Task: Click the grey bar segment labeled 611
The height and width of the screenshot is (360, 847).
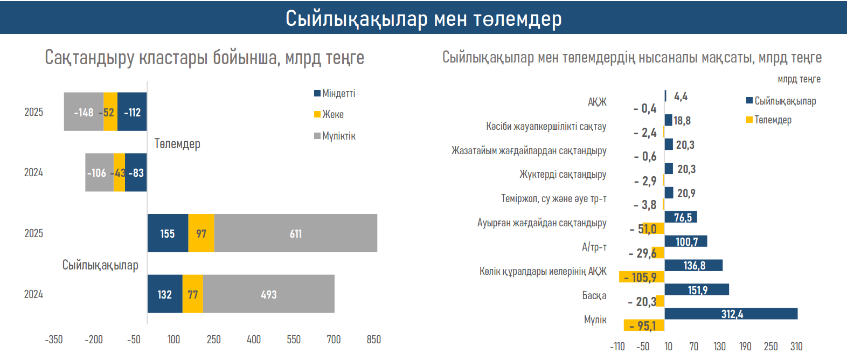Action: pos(296,233)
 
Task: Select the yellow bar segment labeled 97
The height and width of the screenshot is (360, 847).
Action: pos(201,233)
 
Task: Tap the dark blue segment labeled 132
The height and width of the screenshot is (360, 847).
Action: pos(165,294)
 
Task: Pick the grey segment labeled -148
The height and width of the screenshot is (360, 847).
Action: pos(84,112)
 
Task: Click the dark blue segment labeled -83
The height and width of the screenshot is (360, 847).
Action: pos(136,172)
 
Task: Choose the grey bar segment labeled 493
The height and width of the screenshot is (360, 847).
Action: pos(268,294)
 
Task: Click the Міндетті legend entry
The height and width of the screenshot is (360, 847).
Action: pos(335,93)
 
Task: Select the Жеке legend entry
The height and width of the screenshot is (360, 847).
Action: pos(329,114)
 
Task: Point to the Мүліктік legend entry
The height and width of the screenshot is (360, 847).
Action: pos(335,136)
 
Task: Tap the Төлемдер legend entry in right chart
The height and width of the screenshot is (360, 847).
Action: pos(769,120)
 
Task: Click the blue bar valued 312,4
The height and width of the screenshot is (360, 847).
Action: pos(731,314)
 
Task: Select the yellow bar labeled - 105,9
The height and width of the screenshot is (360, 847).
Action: pos(641,277)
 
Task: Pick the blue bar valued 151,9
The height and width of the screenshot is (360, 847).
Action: pos(697,290)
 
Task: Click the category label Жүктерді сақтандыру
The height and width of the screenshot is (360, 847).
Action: pos(563,174)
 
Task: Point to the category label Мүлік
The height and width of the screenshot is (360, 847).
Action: pos(595,320)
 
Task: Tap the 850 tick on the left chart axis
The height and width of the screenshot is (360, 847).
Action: pos(373,340)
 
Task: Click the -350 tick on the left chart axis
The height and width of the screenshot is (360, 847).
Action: pos(53,340)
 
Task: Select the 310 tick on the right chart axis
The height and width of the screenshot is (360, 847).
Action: pos(796,347)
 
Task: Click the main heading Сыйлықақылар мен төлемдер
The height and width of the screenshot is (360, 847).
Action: pos(424,18)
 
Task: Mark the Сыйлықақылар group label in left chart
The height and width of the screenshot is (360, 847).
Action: pos(100,265)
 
